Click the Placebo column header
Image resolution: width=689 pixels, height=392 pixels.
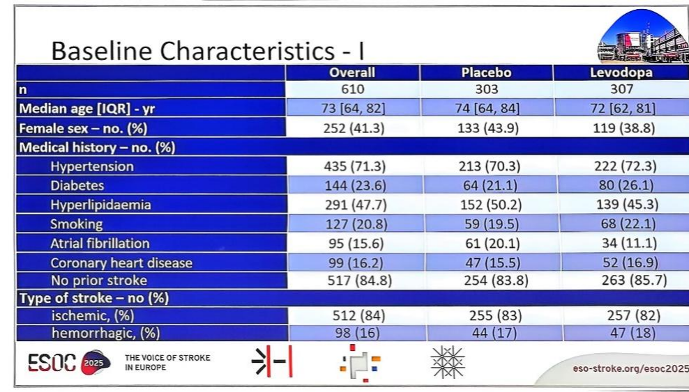point(486,72)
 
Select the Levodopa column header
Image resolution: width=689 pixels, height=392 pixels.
point(621,72)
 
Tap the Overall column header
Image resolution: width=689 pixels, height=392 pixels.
point(352,72)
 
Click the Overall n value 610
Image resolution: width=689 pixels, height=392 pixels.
point(352,89)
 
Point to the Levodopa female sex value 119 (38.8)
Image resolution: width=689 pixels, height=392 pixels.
point(621,128)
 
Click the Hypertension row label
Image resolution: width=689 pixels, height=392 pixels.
point(91,167)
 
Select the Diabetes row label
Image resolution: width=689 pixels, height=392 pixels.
point(77,186)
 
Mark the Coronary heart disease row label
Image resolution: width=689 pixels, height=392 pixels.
point(121,262)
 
